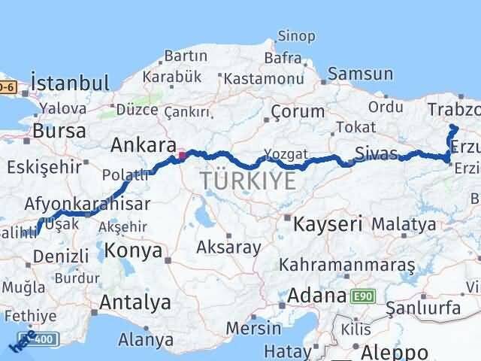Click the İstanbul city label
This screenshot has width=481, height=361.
[70, 82]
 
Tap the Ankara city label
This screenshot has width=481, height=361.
[144, 144]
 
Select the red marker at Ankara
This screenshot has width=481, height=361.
[181, 156]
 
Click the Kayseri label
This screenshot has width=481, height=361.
[328, 223]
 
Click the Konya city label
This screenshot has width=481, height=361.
[134, 250]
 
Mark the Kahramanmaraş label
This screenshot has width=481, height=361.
[346, 265]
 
